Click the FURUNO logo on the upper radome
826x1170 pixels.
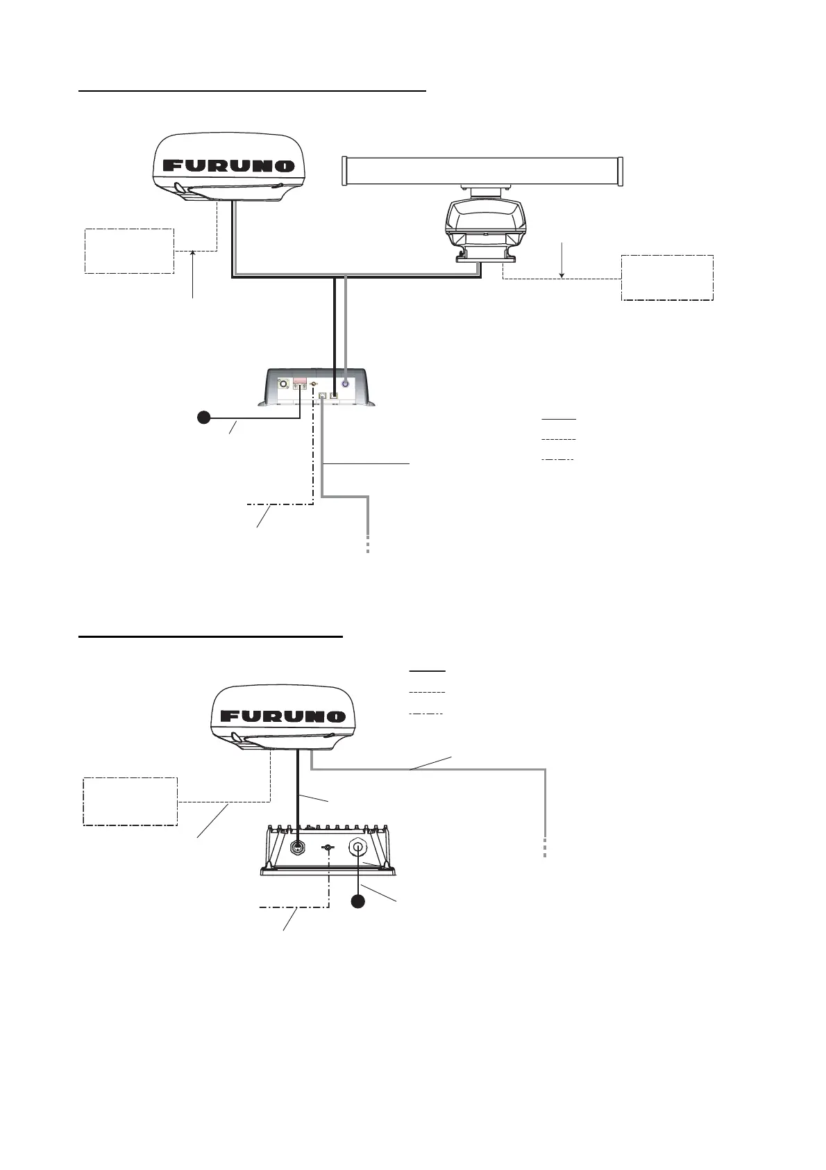pyautogui.click(x=228, y=166)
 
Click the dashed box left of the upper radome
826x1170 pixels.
pyautogui.click(x=129, y=250)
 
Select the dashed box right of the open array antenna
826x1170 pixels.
pyautogui.click(x=667, y=278)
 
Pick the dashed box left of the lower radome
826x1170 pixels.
pyautogui.click(x=130, y=800)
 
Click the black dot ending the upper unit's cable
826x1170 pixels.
pyautogui.click(x=203, y=418)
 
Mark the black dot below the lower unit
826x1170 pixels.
pyautogui.click(x=357, y=902)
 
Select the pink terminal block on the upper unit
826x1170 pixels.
pyautogui.click(x=301, y=381)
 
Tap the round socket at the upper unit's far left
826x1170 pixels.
pyautogui.click(x=283, y=384)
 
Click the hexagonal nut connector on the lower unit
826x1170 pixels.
pyautogui.click(x=360, y=847)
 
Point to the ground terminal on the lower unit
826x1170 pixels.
pyautogui.click(x=329, y=848)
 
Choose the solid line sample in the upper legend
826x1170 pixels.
pyautogui.click(x=558, y=420)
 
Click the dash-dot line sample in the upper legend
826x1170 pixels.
pyautogui.click(x=558, y=460)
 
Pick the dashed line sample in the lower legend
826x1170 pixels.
pyautogui.click(x=427, y=693)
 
